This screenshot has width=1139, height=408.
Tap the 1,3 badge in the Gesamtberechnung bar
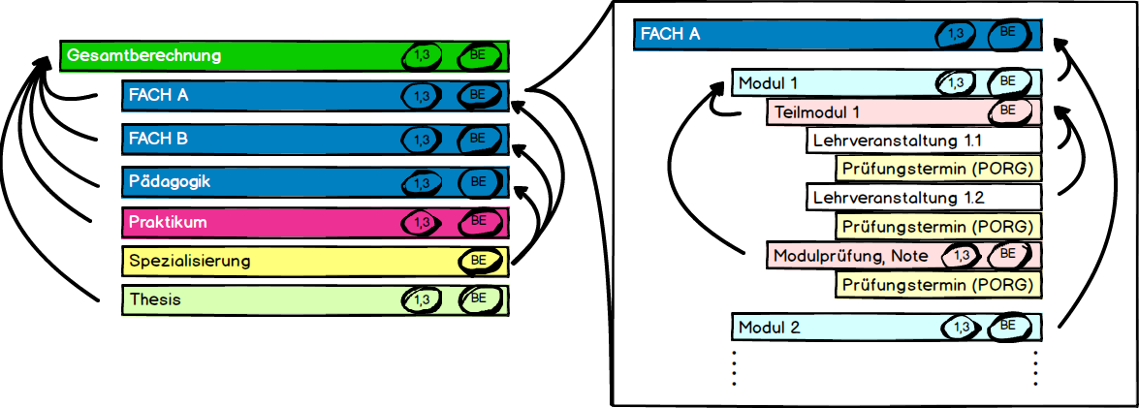point(421,56)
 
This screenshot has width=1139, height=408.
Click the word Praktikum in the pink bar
point(169,222)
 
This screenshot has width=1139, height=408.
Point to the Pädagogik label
point(169,181)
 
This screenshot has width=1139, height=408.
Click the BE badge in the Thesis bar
point(478,298)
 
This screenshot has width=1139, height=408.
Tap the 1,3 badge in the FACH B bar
point(421,140)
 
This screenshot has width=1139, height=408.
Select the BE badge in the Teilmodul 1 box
point(1008,110)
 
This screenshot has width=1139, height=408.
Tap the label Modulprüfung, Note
point(850,256)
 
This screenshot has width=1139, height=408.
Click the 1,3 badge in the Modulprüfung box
point(961,256)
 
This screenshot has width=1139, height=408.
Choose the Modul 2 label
point(769,327)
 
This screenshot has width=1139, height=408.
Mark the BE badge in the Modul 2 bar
point(1008,326)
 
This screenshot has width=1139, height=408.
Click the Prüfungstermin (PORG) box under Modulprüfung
point(938,285)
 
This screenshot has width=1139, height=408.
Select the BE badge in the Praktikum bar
point(478,221)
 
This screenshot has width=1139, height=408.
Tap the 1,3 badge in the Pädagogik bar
point(421,182)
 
